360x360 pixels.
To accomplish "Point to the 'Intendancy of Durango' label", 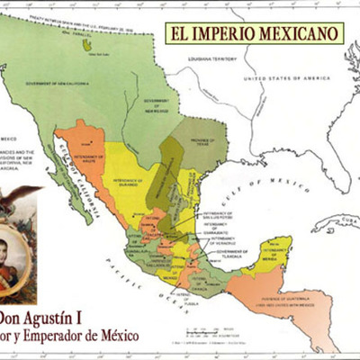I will pyautogui.click(x=130, y=181).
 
